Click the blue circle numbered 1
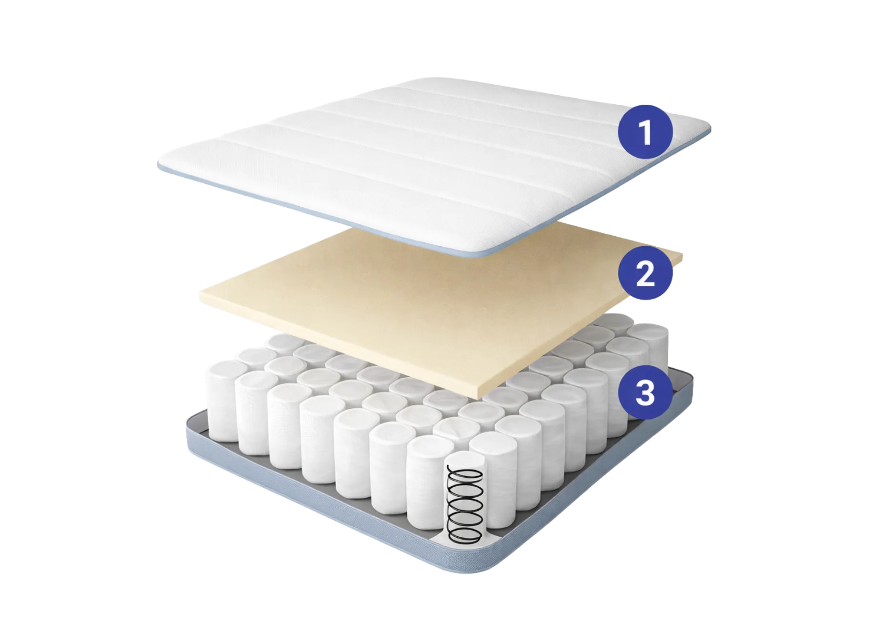point(645,132)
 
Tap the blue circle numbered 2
point(645,273)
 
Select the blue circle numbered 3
point(645,392)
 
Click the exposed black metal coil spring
point(465,505)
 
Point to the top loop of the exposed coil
point(465,474)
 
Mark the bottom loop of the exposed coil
point(465,534)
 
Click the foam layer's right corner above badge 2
point(681,256)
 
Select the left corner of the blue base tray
point(189,426)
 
